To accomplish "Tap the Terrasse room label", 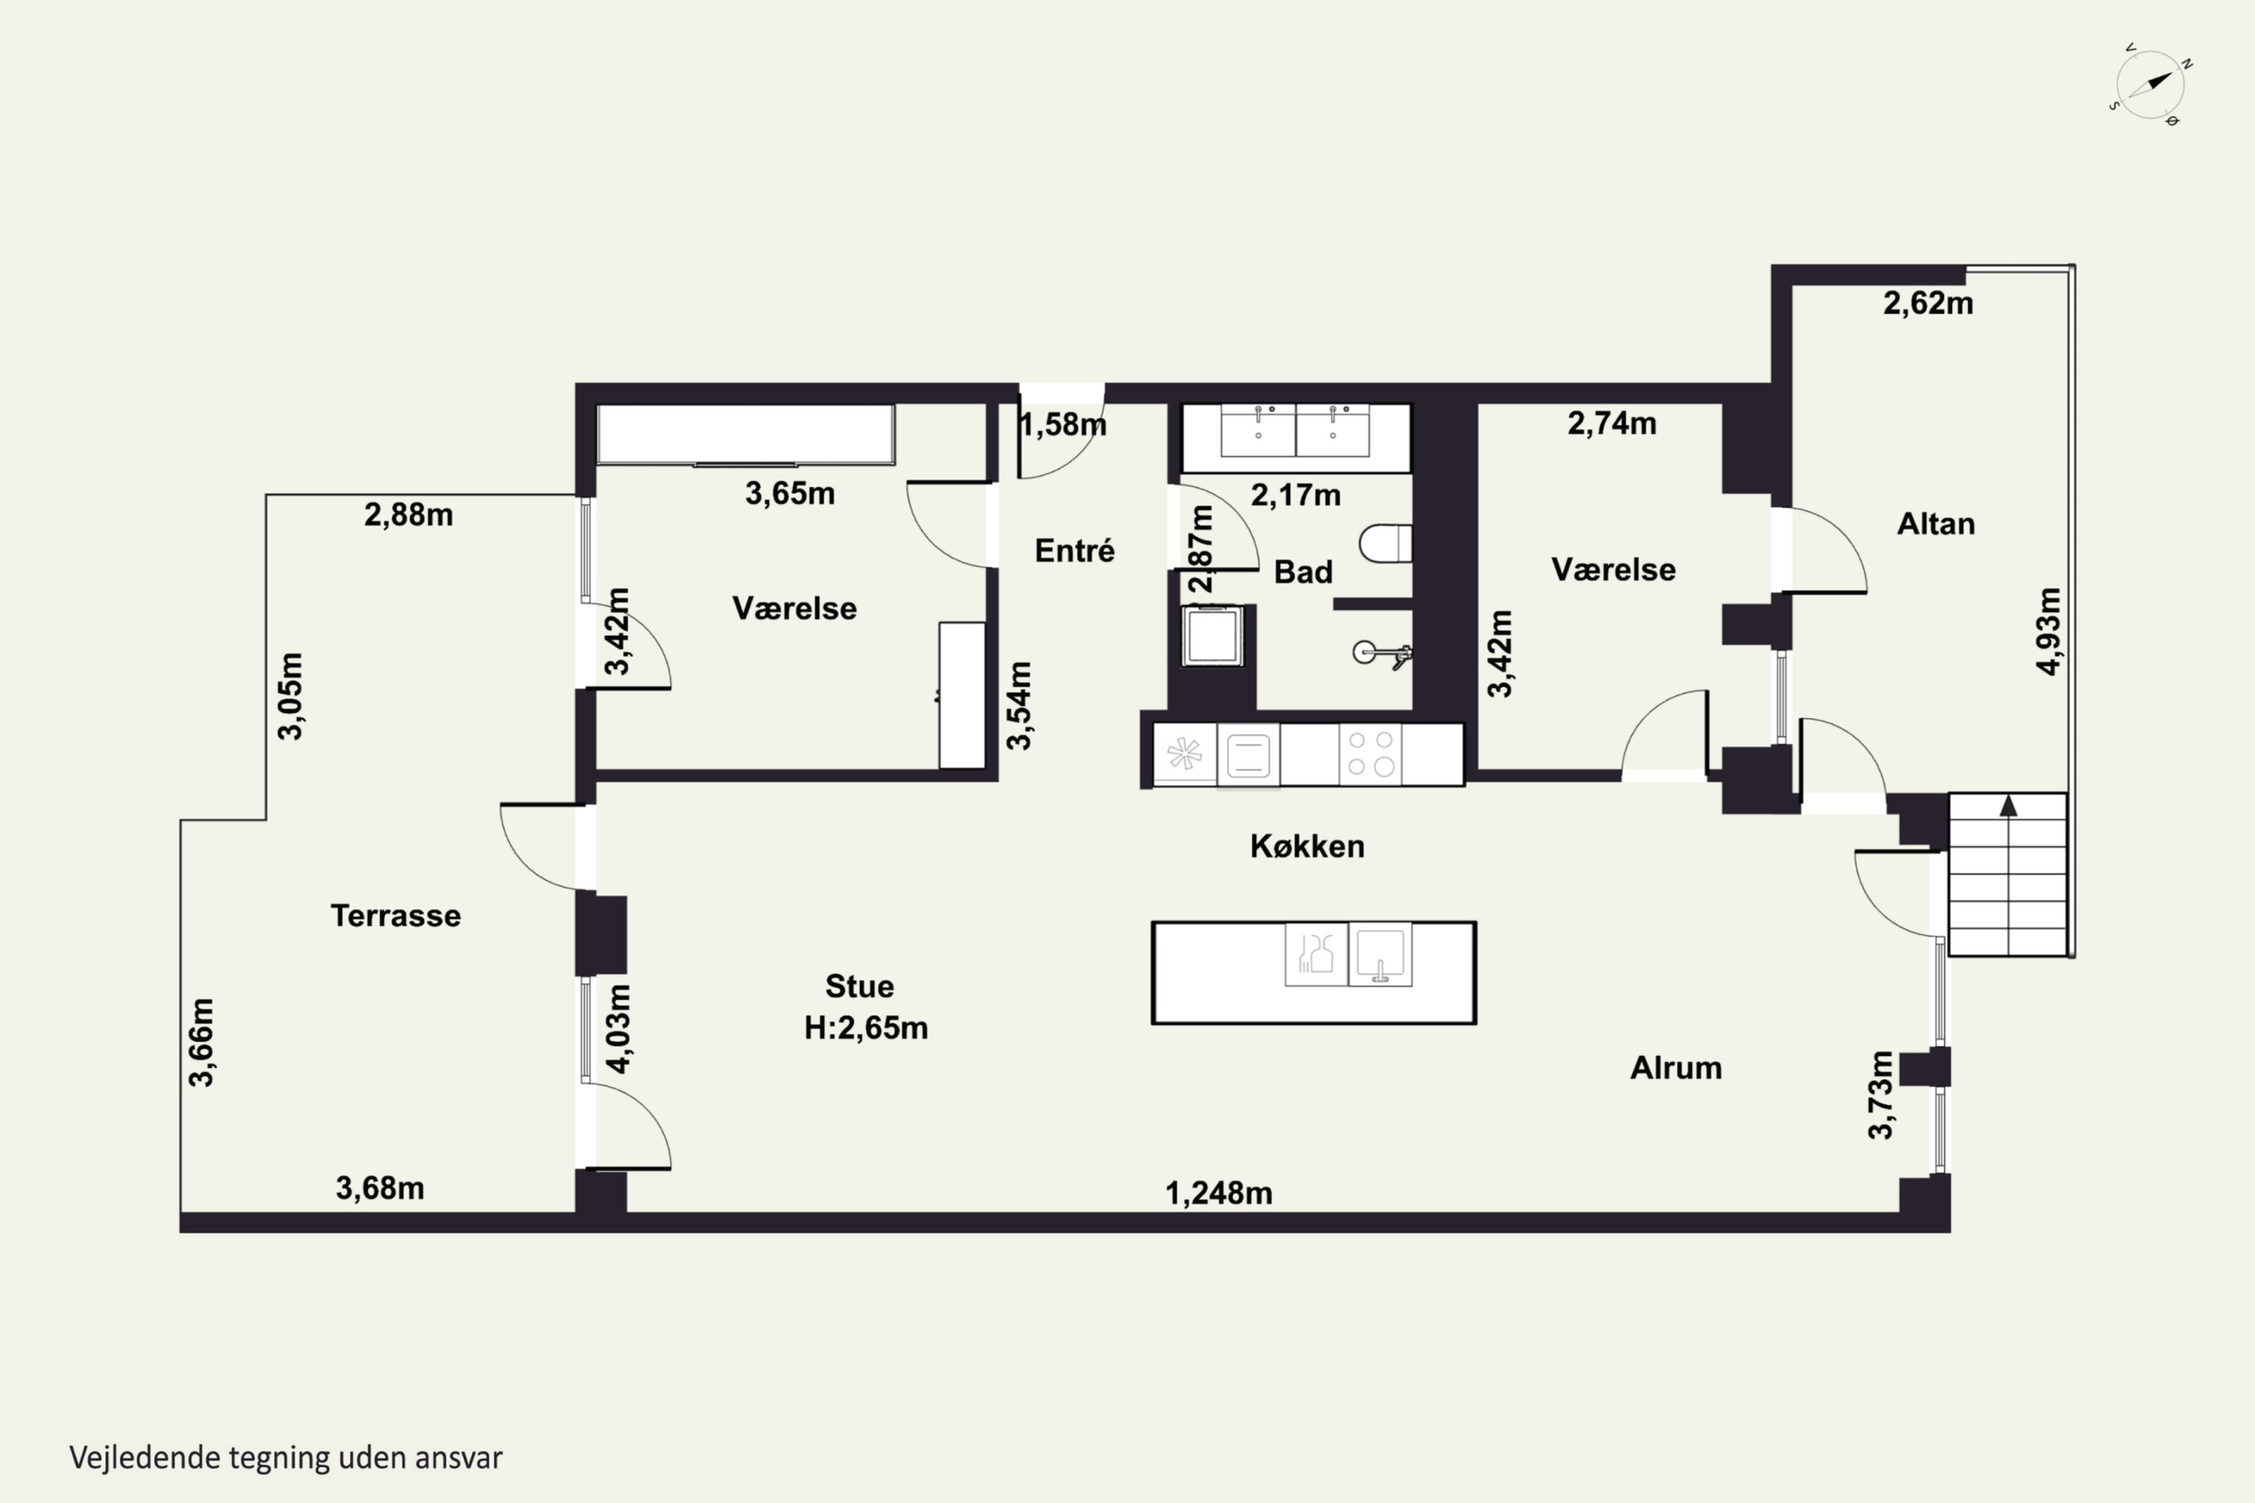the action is click(x=396, y=915).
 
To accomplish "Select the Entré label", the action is click(x=1075, y=550).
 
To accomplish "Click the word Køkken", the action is click(x=1307, y=845).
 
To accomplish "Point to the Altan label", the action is click(x=1936, y=523).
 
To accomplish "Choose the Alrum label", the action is click(x=1676, y=1067).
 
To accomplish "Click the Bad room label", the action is click(x=1303, y=571).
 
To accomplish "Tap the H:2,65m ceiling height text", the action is click(x=866, y=1027).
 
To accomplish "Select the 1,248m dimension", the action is click(x=1218, y=1193).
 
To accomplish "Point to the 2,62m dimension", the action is click(x=1928, y=303).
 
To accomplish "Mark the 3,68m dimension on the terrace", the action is click(x=380, y=1187).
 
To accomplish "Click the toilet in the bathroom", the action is click(x=1385, y=543).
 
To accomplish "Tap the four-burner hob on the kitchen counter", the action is click(x=1370, y=754).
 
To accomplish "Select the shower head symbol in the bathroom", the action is click(x=1382, y=654).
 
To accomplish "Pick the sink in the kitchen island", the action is click(x=1379, y=954).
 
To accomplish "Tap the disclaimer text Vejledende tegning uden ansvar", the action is click(x=286, y=1458).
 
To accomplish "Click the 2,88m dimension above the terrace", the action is click(x=408, y=515).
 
